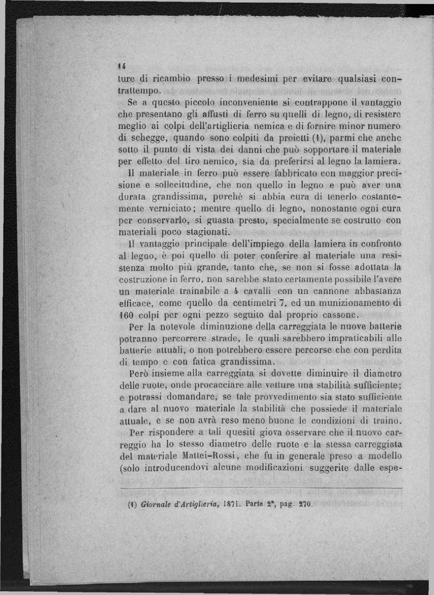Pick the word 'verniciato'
(x=170, y=209)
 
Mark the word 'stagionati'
(x=208, y=232)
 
